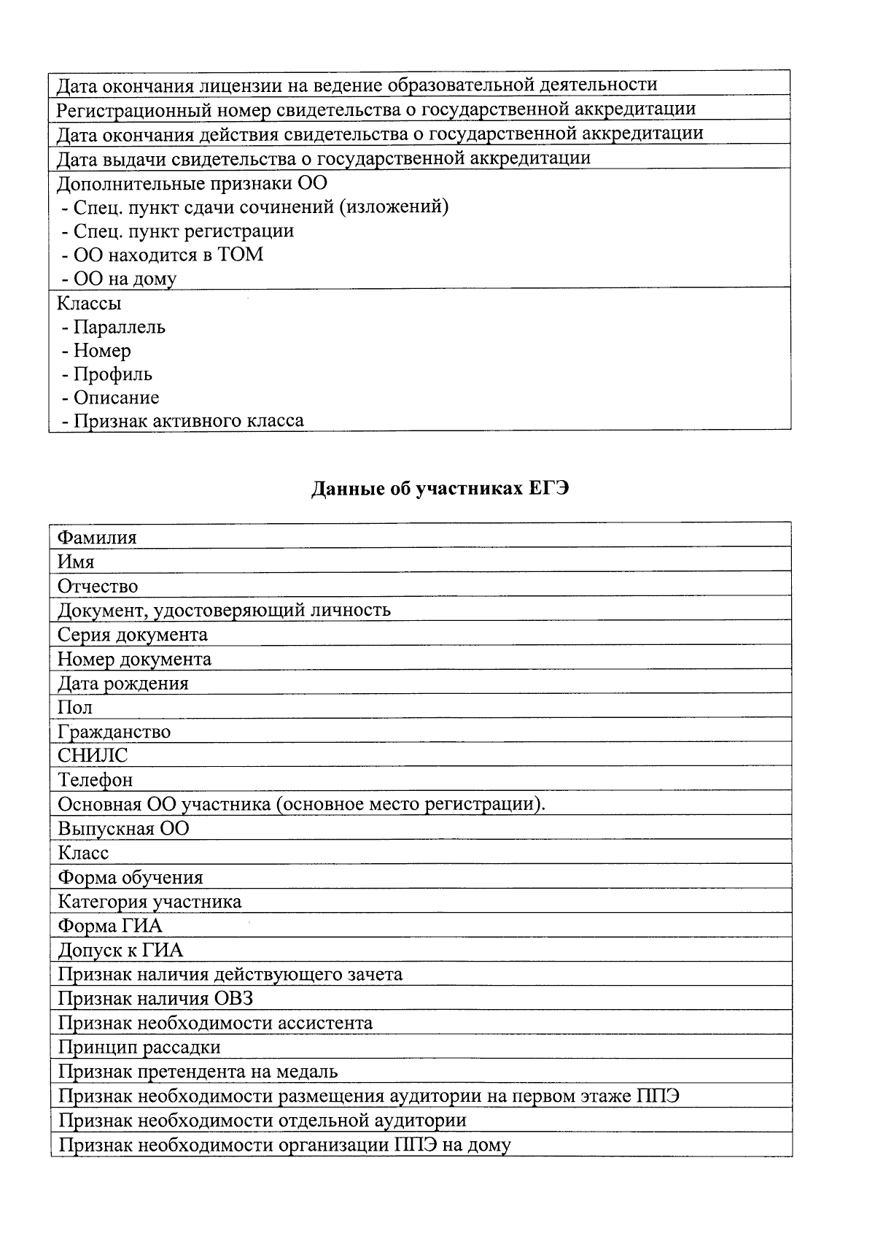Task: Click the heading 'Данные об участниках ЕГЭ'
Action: coord(440,489)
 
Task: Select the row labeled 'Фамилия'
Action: coord(97,538)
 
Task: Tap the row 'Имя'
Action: coord(76,562)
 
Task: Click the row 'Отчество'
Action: coord(98,586)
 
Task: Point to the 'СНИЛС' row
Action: coord(93,756)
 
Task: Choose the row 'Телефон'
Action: coord(96,780)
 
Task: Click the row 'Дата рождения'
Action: coord(123,684)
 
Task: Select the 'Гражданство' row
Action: coord(114,732)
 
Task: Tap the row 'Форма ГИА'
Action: coord(110,926)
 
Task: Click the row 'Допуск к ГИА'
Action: coord(120,950)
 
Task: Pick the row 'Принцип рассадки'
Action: coord(139,1047)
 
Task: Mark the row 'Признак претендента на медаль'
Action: coord(198,1071)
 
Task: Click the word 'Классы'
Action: coord(89,303)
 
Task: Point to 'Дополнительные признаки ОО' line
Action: coord(192,182)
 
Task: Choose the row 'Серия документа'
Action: coord(133,635)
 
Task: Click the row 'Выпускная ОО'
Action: coord(123,829)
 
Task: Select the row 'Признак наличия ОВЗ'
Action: coord(155,998)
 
